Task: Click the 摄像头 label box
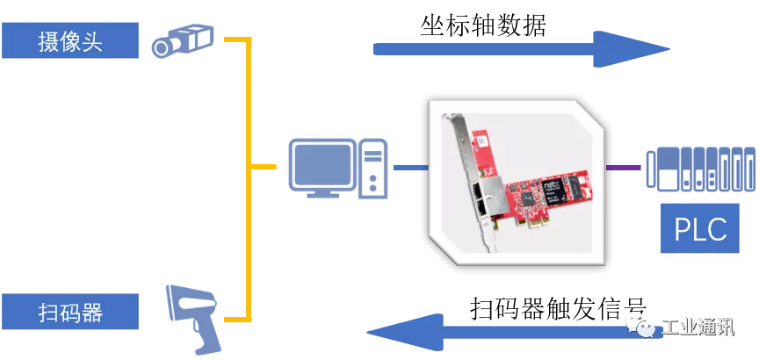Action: coord(70,40)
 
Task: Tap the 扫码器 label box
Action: coord(70,312)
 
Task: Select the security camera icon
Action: coord(183,40)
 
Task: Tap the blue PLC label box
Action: coord(700,228)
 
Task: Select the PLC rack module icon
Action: coord(701,168)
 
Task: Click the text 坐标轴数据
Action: coord(482,25)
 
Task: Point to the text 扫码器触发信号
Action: coord(558,307)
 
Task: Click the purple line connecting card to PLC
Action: coord(624,168)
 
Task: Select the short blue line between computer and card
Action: coord(411,168)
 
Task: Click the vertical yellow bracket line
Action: coord(249,179)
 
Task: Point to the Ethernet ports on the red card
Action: coord(481,199)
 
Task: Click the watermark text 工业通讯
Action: coord(698,328)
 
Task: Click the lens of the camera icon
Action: coord(162,47)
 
